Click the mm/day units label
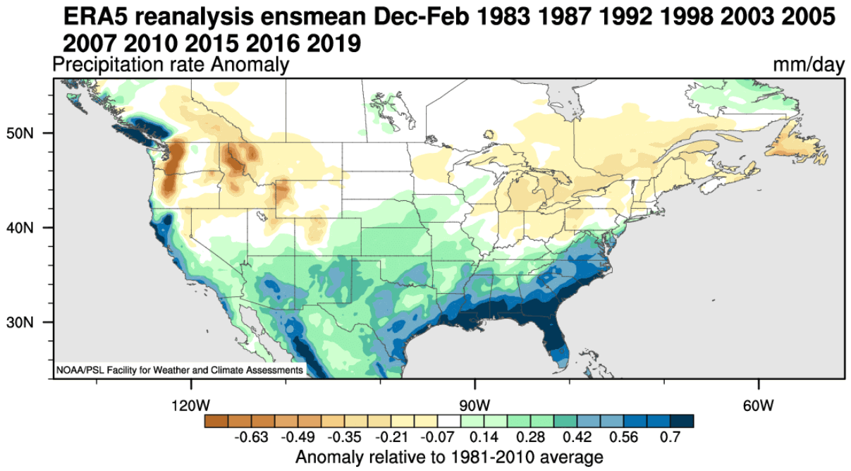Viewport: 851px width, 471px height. point(808,66)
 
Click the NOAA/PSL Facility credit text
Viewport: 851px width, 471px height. point(179,369)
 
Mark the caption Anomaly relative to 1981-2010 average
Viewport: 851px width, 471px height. point(449,455)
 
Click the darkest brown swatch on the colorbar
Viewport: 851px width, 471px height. point(216,421)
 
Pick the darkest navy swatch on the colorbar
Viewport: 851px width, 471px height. point(682,421)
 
